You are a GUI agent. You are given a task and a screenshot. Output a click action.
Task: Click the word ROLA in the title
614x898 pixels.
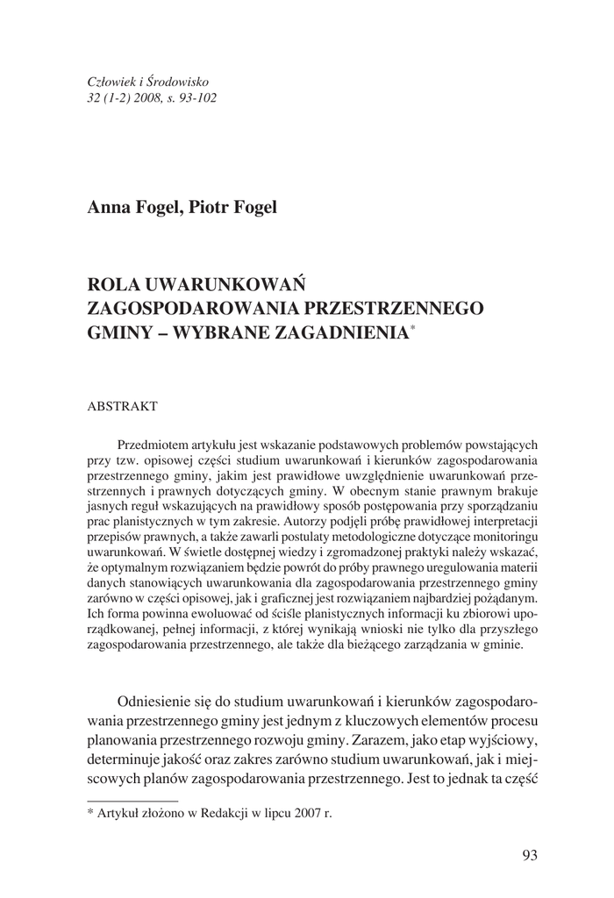[x=114, y=285]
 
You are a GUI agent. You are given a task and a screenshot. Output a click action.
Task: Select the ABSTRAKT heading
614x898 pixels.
[x=122, y=407]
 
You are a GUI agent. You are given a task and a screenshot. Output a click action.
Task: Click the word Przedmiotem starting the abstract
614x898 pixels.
[x=155, y=445]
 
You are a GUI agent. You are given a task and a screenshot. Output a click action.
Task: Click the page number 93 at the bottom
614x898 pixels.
[x=529, y=855]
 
